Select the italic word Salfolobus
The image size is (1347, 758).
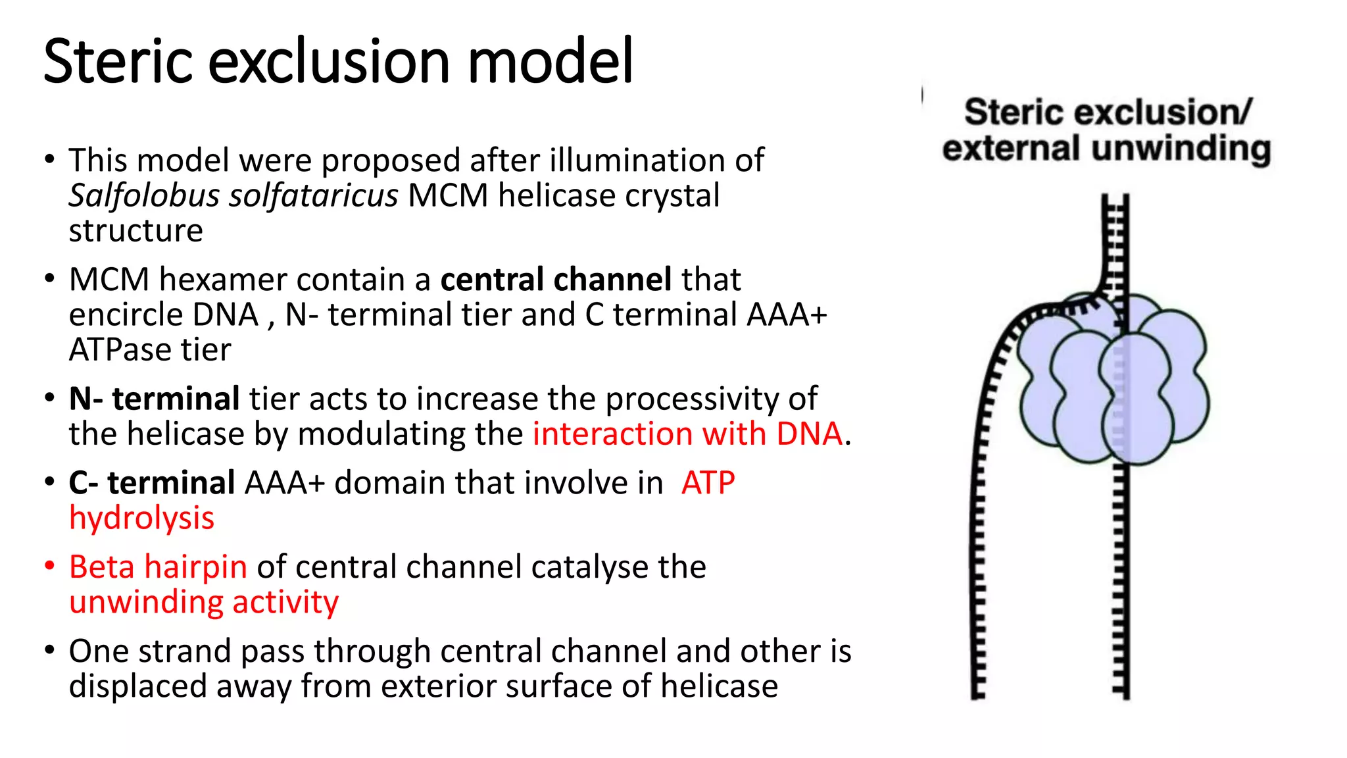tap(144, 195)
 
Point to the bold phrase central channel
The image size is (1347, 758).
tap(556, 279)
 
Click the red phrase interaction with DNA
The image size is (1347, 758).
tap(687, 434)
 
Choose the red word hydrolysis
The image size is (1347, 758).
tap(142, 518)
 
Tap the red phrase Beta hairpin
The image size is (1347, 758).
tap(158, 567)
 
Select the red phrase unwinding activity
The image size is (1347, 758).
tap(204, 602)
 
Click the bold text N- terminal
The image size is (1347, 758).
tap(155, 399)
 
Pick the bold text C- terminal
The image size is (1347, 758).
tap(152, 483)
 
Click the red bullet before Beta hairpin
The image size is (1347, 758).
tap(49, 567)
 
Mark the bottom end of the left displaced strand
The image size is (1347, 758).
tap(978, 694)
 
